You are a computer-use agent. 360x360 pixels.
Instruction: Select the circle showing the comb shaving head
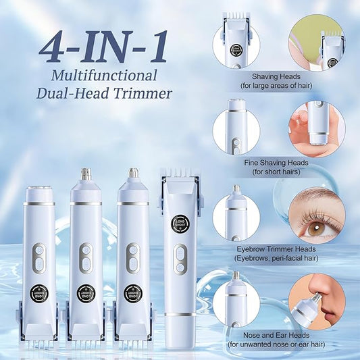(x=236, y=43)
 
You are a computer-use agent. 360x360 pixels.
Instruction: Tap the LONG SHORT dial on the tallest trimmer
(x=179, y=224)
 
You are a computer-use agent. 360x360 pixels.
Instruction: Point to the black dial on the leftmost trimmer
(x=39, y=293)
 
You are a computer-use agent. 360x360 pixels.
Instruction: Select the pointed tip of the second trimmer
(x=86, y=174)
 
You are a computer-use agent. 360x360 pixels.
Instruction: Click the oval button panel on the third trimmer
(x=133, y=258)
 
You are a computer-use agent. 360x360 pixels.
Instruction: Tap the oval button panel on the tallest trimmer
(x=179, y=259)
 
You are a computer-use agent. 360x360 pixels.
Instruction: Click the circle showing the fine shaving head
(x=236, y=128)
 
